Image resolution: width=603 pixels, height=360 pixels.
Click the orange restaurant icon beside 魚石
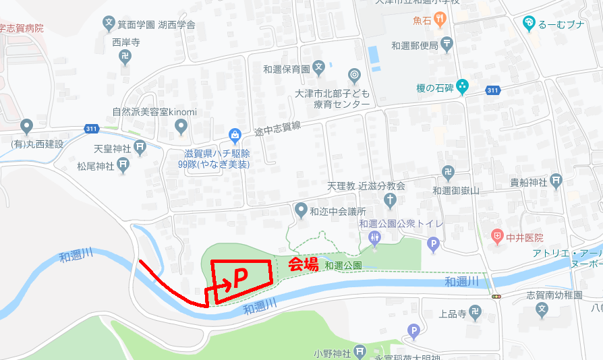pos(440,20)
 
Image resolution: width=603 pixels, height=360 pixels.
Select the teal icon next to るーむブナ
pos(529,23)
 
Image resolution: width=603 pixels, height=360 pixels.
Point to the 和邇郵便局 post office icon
pos(447,45)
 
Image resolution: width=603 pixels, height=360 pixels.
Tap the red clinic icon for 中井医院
pos(497,237)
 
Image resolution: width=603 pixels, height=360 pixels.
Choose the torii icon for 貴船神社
pos(556,180)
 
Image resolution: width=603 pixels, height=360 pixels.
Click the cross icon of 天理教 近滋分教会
pos(390,200)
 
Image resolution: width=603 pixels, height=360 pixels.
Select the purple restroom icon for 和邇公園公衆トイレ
pos(375,237)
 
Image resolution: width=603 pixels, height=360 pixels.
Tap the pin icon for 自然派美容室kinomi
pos(181,125)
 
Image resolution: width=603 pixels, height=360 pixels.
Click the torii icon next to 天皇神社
pos(140,146)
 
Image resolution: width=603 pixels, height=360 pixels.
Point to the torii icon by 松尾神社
pos(123,164)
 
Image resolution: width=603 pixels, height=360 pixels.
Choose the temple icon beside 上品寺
pos(476,313)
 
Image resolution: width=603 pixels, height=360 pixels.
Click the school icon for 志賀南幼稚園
pos(542,309)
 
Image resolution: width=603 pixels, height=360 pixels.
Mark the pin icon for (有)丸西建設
pos(26,126)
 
